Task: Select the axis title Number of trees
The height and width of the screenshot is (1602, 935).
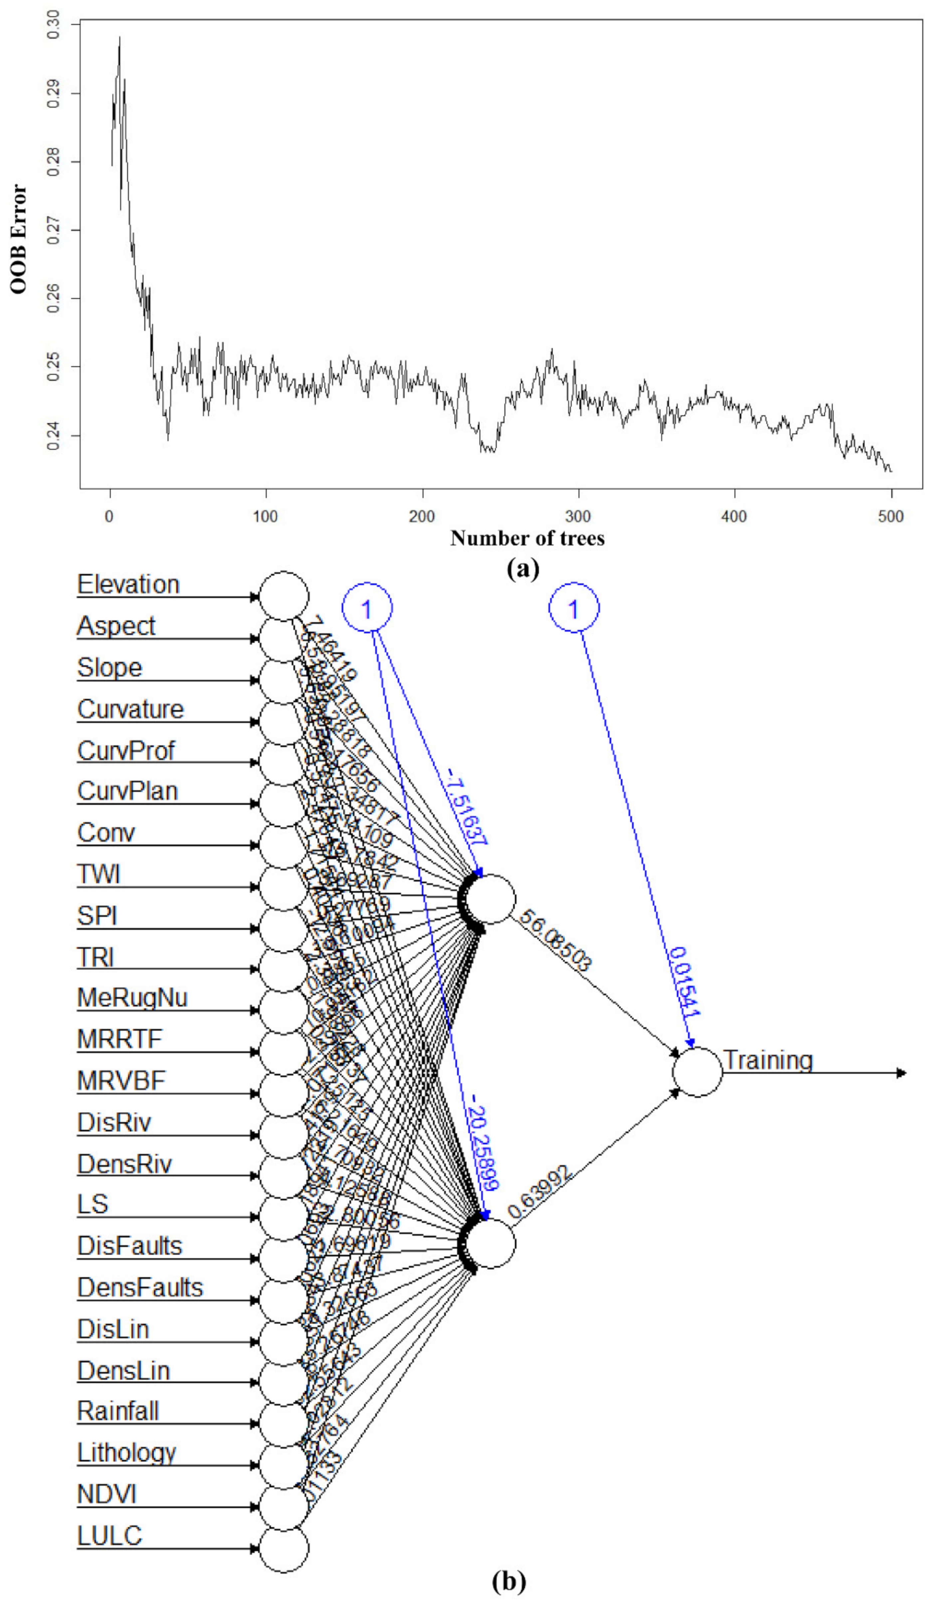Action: pos(527,539)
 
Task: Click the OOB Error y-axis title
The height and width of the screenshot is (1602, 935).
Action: pos(19,240)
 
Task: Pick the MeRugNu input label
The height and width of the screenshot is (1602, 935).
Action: pos(132,998)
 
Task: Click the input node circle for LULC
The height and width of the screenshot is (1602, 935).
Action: pos(284,1548)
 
